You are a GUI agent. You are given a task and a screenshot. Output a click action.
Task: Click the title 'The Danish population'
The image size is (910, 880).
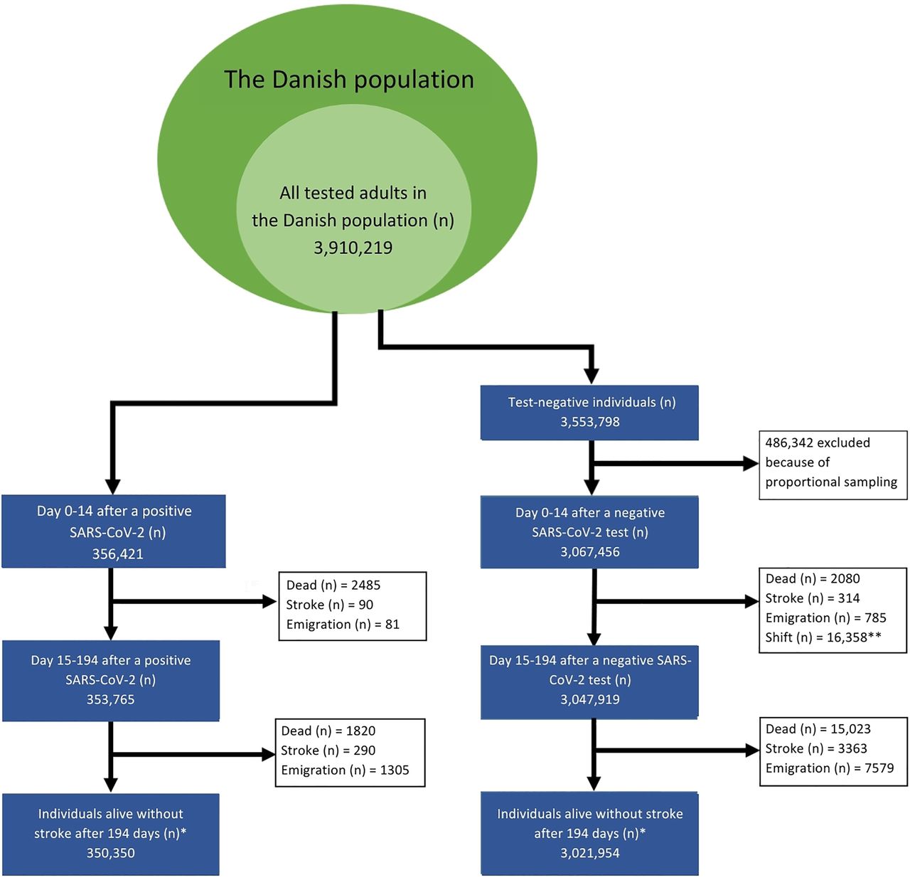point(349,80)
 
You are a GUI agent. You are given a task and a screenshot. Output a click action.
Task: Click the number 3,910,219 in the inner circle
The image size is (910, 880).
point(353,248)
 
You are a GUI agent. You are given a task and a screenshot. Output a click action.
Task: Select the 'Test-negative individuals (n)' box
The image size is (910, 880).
point(589,413)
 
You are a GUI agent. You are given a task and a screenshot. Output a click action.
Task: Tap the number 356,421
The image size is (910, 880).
point(117,554)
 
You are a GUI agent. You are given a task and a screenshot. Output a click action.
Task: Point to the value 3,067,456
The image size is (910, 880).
point(589,551)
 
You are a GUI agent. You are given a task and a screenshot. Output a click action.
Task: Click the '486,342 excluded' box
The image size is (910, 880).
point(833,465)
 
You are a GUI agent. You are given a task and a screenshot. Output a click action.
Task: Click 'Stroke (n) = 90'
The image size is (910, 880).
point(330,605)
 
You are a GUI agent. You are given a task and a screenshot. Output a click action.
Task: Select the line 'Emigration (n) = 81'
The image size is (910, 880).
point(343,624)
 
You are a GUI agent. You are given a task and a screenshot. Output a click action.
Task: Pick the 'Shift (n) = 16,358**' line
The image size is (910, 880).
point(823,637)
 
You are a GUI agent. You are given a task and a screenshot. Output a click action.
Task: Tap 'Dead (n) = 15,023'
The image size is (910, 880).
point(818,728)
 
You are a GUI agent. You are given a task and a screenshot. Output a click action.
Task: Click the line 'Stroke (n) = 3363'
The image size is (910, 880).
point(816,748)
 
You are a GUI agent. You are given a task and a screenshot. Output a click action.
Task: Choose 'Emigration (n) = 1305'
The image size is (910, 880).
point(345,770)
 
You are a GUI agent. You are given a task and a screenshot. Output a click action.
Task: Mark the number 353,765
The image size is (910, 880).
point(110,699)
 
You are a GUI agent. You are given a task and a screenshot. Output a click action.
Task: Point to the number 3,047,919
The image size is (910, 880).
point(589,699)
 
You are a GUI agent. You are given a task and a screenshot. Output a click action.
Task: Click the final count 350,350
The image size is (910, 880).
point(110,852)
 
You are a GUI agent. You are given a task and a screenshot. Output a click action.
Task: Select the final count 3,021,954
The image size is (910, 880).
point(589,852)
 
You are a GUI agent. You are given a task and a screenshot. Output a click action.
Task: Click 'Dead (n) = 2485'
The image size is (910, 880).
point(333,585)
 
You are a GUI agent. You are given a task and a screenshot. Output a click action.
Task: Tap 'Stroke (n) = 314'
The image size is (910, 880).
point(813,598)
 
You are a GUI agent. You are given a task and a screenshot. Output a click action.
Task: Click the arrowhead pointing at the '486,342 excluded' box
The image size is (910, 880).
point(751,464)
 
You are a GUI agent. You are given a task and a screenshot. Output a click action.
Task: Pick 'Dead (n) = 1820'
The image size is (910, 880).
point(328,731)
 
